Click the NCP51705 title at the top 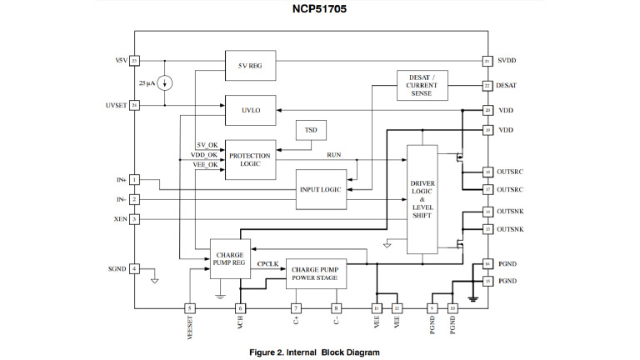[319, 11]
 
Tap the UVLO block [251, 108]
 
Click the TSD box [311, 131]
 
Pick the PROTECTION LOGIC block [251, 159]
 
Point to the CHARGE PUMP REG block [227, 257]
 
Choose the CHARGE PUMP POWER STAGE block [317, 272]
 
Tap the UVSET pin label [116, 106]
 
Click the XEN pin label [119, 219]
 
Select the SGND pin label [117, 268]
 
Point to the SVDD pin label [507, 62]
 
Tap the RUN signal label [333, 155]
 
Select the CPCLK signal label [267, 263]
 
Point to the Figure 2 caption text [319, 352]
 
